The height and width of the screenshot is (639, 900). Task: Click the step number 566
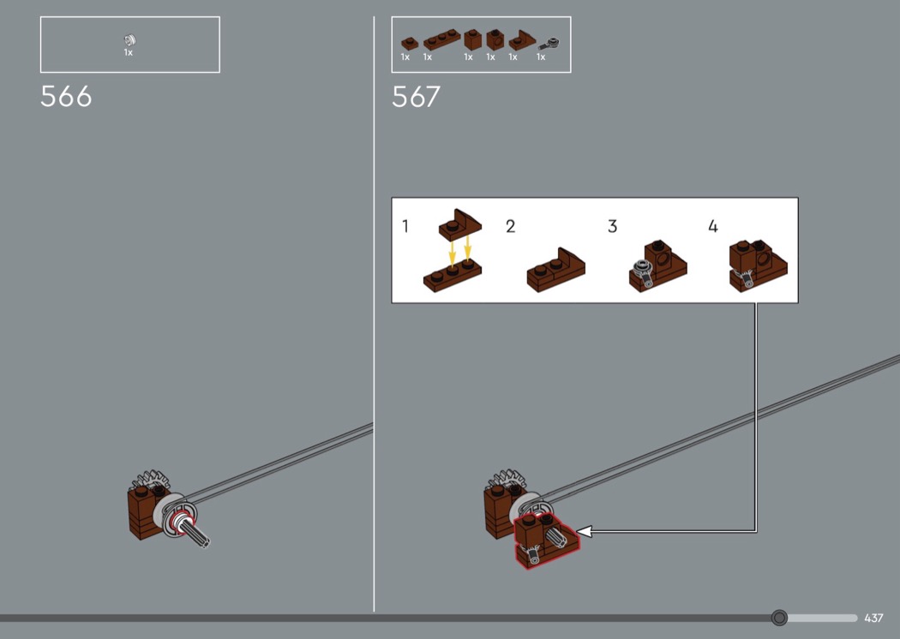tap(66, 97)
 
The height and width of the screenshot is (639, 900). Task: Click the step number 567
tap(416, 97)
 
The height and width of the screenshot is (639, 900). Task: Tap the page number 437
tap(873, 618)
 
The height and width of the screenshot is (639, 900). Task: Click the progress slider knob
tap(779, 618)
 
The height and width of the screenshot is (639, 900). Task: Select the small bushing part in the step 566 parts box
tap(129, 39)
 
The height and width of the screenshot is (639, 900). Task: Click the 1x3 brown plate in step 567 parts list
tap(442, 39)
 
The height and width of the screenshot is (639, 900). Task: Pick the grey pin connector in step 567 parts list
tap(549, 43)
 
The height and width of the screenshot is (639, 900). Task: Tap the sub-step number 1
tap(405, 226)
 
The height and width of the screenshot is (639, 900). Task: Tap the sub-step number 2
tap(510, 226)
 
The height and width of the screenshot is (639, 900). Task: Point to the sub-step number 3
tap(613, 226)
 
